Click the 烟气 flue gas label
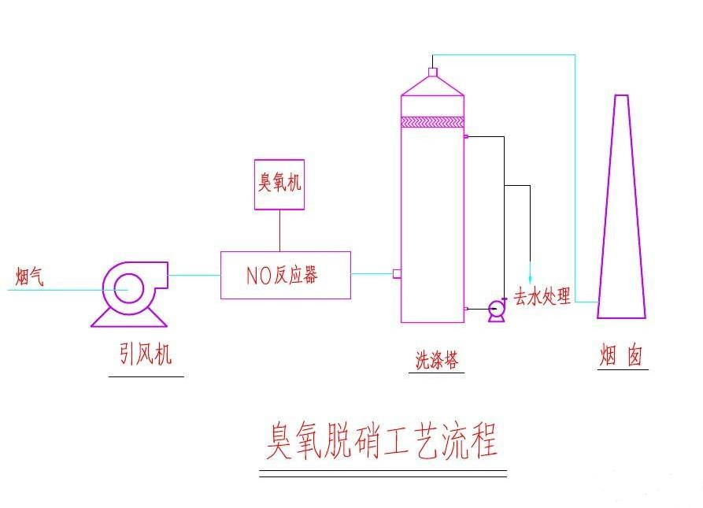pyautogui.click(x=30, y=276)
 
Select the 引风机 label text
pyautogui.click(x=145, y=355)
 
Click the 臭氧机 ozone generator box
pyautogui.click(x=279, y=184)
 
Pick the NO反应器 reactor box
pyautogui.click(x=285, y=275)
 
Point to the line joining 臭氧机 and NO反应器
pyautogui.click(x=279, y=231)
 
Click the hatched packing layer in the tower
pyautogui.click(x=432, y=122)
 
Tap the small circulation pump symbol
pyautogui.click(x=497, y=310)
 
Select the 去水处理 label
pyautogui.click(x=542, y=298)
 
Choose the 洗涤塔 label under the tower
pyautogui.click(x=436, y=361)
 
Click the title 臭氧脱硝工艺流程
pyautogui.click(x=382, y=443)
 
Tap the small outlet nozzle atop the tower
pyautogui.click(x=432, y=72)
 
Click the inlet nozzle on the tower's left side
pyautogui.click(x=397, y=274)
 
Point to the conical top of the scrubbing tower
pyautogui.click(x=432, y=86)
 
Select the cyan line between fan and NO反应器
pyautogui.click(x=194, y=275)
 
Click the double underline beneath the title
pyautogui.click(x=383, y=473)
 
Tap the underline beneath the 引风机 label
pyautogui.click(x=146, y=376)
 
